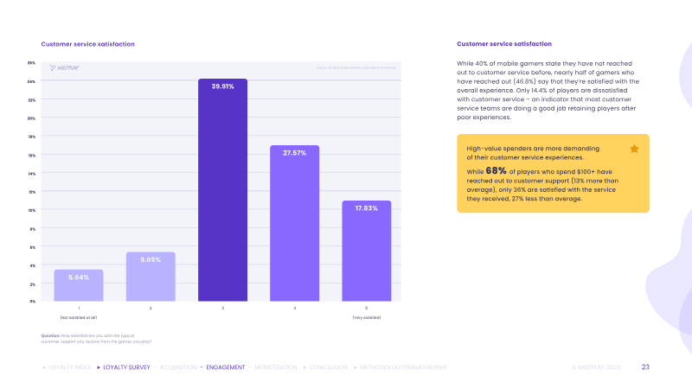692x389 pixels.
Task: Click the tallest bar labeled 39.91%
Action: click(x=222, y=190)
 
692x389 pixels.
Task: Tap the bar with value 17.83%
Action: click(x=366, y=251)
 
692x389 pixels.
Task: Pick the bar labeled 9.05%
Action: click(x=151, y=277)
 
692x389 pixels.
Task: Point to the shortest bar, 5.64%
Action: click(x=79, y=285)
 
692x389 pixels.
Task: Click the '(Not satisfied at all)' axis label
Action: click(x=79, y=318)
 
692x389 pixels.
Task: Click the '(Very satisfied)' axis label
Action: click(x=366, y=318)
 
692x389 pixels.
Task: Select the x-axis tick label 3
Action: click(x=222, y=308)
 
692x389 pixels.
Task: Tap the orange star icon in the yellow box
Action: click(x=634, y=149)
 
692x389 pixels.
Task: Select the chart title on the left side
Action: click(x=87, y=44)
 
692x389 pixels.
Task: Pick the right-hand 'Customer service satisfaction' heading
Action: click(x=503, y=44)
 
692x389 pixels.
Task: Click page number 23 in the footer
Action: click(x=645, y=367)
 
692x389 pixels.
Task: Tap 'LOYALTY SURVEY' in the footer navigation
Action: click(x=125, y=367)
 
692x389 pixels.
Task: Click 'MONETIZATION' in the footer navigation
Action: click(x=276, y=367)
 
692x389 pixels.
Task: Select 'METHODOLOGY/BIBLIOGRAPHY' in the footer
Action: click(x=403, y=367)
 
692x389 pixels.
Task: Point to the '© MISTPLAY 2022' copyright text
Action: click(x=596, y=367)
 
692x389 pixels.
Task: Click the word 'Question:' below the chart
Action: click(x=50, y=335)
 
